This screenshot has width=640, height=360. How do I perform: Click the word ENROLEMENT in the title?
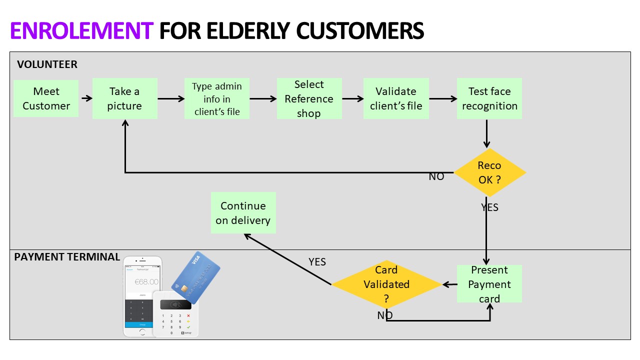click(x=81, y=31)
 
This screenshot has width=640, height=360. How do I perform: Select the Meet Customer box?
click(x=46, y=98)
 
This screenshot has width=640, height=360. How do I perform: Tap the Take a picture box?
click(x=124, y=98)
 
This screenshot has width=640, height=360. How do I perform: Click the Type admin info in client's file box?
click(x=217, y=98)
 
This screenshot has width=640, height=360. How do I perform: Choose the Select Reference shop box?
click(x=309, y=98)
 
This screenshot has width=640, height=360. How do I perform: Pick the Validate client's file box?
click(x=396, y=98)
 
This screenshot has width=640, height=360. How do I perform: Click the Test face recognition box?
click(x=489, y=98)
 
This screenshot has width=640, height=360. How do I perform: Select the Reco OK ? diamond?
click(x=489, y=172)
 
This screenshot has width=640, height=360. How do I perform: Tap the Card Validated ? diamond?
click(x=386, y=284)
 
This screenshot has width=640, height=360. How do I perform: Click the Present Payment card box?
click(x=489, y=284)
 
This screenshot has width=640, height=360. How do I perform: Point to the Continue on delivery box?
click(x=243, y=213)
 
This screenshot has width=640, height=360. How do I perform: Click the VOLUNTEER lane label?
click(x=47, y=64)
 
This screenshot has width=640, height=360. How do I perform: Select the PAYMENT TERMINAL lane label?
click(x=67, y=257)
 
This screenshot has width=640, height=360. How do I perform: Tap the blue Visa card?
click(x=196, y=277)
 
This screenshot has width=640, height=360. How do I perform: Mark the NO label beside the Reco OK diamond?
click(x=436, y=176)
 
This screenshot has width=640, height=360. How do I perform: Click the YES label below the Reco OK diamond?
click(x=489, y=207)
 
